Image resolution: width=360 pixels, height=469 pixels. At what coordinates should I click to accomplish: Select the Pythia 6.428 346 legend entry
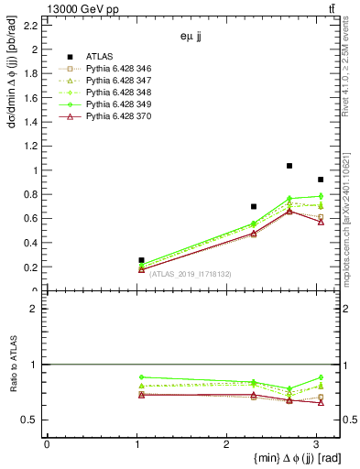tap(114, 70)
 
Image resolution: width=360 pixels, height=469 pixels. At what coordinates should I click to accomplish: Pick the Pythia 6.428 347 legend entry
tap(114, 82)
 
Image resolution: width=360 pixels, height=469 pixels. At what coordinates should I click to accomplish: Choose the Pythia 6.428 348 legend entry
tap(114, 93)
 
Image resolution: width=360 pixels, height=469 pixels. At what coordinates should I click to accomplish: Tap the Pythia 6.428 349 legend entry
tap(114, 105)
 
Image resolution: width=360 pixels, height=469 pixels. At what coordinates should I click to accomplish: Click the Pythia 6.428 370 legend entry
tap(114, 117)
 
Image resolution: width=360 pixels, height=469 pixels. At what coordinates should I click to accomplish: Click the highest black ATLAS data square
tap(289, 166)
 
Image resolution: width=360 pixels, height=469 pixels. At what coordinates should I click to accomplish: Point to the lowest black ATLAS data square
tap(141, 260)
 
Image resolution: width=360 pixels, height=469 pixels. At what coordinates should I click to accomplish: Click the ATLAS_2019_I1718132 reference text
tap(190, 274)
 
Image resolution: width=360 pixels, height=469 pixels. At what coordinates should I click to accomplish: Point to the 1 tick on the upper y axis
tap(37, 170)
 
